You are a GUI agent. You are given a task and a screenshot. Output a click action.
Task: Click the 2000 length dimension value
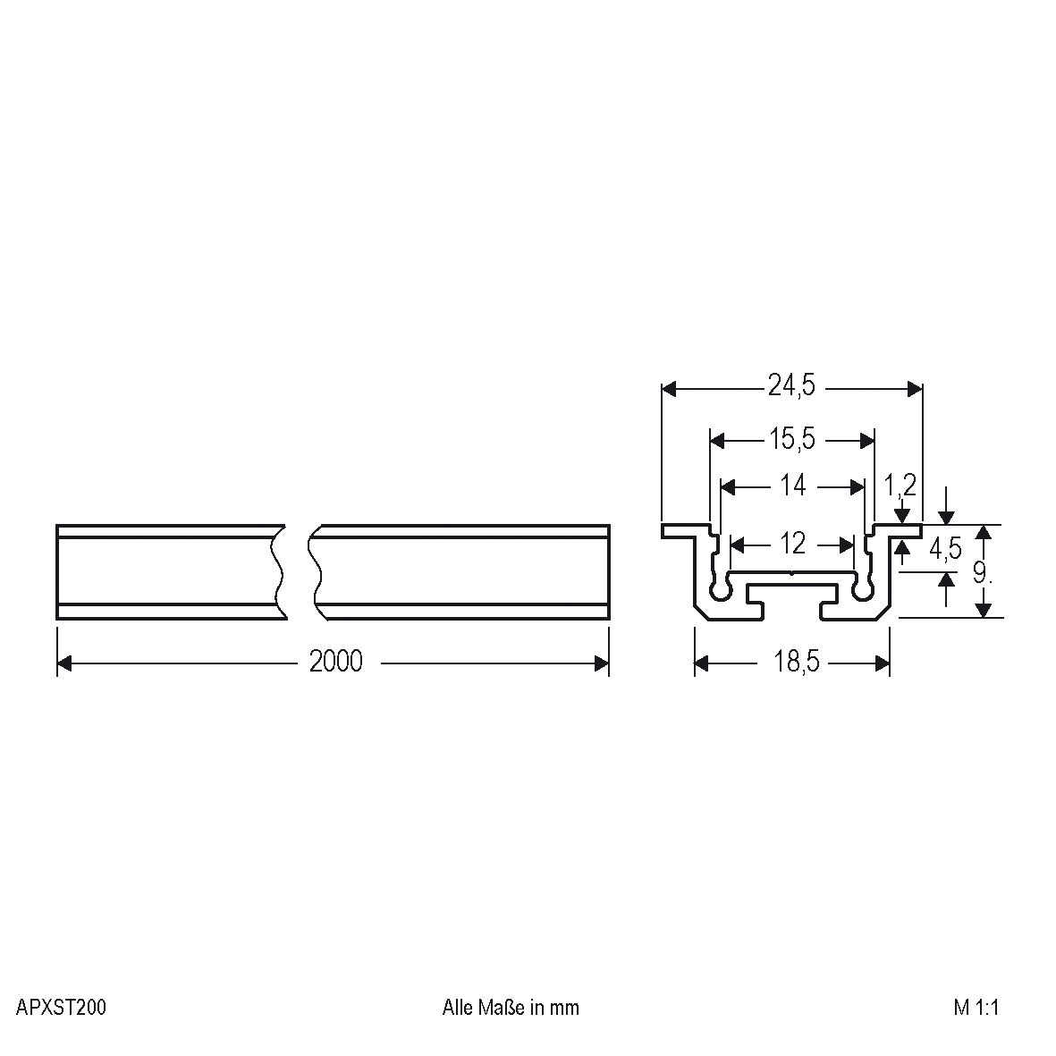(336, 663)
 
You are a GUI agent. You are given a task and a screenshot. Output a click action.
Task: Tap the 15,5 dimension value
(791, 440)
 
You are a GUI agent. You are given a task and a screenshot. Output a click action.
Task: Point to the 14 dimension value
(793, 486)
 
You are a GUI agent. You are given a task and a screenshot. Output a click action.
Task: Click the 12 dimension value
(793, 544)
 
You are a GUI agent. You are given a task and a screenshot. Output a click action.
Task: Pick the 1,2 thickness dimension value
(900, 486)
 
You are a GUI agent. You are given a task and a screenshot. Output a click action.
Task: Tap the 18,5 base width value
(793, 663)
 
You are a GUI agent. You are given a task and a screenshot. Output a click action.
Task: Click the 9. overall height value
(982, 572)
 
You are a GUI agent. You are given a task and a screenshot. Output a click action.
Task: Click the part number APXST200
(61, 1008)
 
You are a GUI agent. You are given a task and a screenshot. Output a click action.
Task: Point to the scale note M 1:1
(976, 1008)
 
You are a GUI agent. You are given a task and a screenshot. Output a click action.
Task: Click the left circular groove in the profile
(720, 590)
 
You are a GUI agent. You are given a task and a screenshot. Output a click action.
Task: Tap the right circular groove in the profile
(863, 590)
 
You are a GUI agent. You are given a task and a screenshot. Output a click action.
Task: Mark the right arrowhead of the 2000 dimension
(602, 663)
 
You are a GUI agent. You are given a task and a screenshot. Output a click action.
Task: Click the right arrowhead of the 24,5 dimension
(915, 388)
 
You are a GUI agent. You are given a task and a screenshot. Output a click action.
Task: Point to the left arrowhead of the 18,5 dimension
(702, 663)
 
